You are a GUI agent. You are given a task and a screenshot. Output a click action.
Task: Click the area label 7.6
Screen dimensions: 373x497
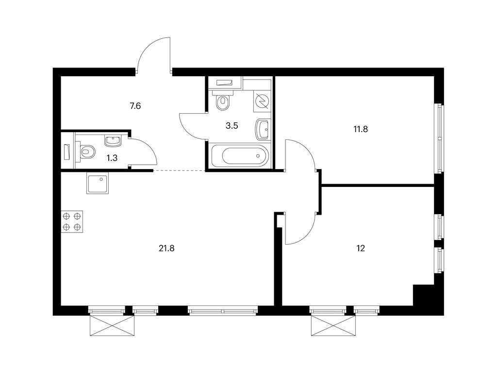pos(135,105)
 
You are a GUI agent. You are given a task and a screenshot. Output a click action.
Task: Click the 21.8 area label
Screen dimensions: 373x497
pos(166,248)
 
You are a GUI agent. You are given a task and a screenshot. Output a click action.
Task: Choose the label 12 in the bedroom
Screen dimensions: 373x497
pos(360,248)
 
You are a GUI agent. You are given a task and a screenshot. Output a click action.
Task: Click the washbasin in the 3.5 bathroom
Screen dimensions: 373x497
pos(263,129)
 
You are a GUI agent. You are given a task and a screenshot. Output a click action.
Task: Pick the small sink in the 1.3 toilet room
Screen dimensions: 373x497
pos(113,141)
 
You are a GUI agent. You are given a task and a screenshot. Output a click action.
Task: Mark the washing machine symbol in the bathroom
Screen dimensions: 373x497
pos(262,101)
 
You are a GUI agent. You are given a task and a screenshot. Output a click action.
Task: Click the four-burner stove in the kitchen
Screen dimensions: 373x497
pos(71,221)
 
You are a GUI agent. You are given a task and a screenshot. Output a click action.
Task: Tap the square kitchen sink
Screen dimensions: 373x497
pos(98,184)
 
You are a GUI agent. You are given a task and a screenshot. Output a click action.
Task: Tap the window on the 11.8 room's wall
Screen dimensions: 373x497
pos(439,138)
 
